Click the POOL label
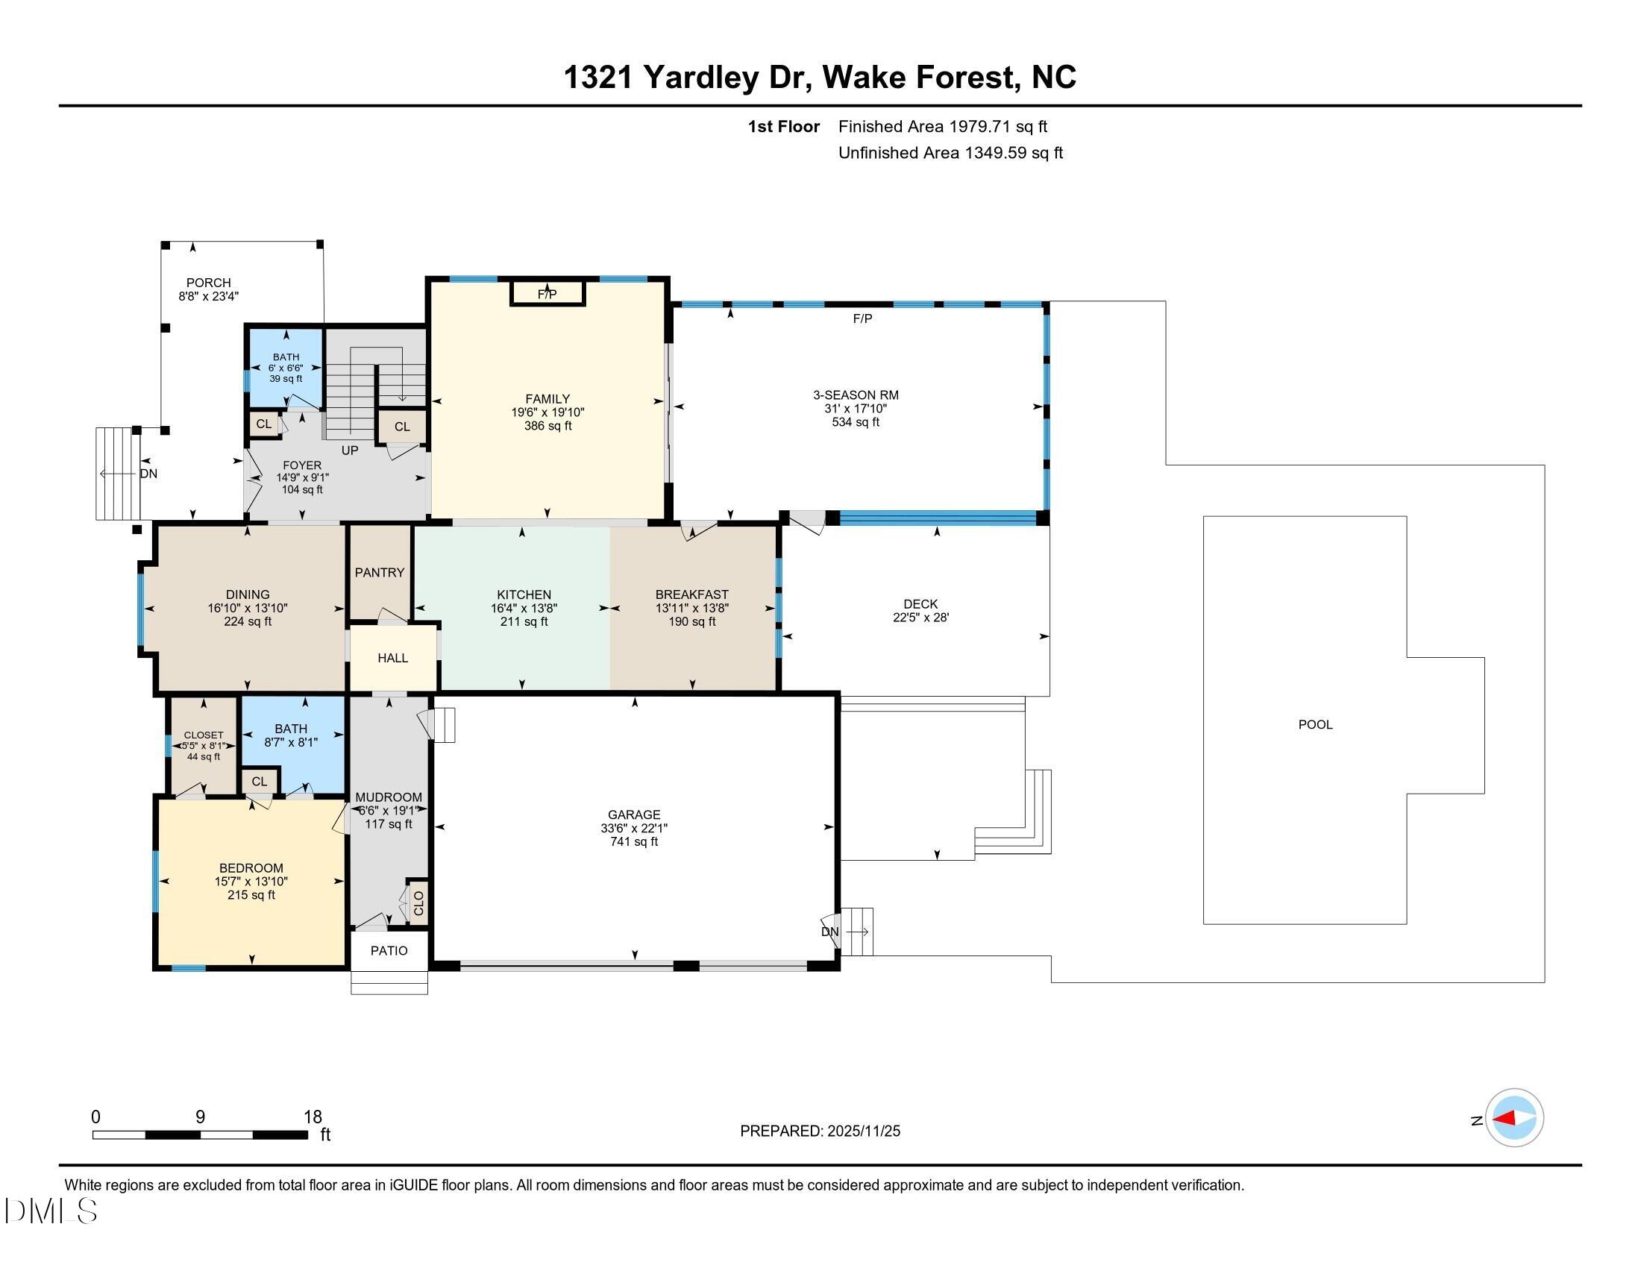(x=1315, y=724)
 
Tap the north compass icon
(x=1514, y=1119)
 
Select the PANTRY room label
(x=380, y=572)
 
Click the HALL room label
(x=392, y=658)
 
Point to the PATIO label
(x=389, y=950)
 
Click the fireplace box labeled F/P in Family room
(x=547, y=293)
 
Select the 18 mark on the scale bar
(x=313, y=1117)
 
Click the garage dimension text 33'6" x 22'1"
(x=633, y=828)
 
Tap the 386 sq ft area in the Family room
(x=547, y=426)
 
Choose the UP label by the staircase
(x=349, y=451)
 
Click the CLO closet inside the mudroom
(x=418, y=903)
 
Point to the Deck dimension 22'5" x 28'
(x=920, y=618)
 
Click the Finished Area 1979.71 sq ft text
(x=942, y=127)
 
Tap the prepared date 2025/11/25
(x=862, y=1132)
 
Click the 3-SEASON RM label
(x=855, y=395)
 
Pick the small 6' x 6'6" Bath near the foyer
(x=286, y=367)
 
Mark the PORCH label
(x=208, y=283)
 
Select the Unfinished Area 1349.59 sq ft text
(x=950, y=153)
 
